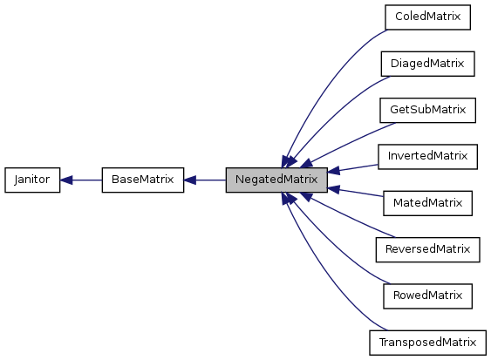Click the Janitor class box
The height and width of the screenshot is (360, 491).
pyautogui.click(x=32, y=180)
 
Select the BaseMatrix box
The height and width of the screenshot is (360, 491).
pyautogui.click(x=142, y=180)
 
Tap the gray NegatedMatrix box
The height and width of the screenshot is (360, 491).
pyautogui.click(x=276, y=180)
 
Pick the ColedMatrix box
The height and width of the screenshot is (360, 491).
pyautogui.click(x=427, y=17)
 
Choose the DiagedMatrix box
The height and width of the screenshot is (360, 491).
pyautogui.click(x=427, y=64)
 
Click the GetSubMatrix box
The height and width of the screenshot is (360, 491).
pyautogui.click(x=427, y=111)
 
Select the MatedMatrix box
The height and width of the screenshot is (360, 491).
pyautogui.click(x=427, y=204)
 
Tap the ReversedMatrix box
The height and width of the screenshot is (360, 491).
pyautogui.click(x=427, y=250)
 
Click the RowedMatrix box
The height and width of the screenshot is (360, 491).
pyautogui.click(x=427, y=296)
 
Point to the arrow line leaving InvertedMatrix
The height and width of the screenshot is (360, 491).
pyautogui.click(x=358, y=166)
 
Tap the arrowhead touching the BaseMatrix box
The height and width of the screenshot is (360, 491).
pyautogui.click(x=190, y=180)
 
